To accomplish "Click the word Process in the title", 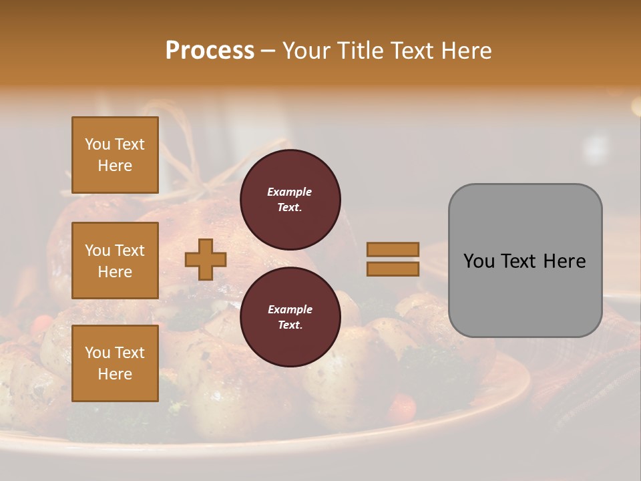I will [210, 51].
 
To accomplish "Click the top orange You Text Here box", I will [115, 155].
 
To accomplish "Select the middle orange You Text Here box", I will [115, 261].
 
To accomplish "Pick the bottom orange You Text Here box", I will [115, 363].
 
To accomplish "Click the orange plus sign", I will [206, 260].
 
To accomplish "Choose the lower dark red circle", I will [290, 317].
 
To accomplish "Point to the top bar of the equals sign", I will [393, 250].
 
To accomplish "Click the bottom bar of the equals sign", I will [393, 269].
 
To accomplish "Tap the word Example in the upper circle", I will [290, 192].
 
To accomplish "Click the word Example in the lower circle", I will [290, 309].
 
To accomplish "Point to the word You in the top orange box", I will [97, 144].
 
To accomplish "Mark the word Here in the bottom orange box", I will [115, 374].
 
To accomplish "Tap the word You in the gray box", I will [479, 261].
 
